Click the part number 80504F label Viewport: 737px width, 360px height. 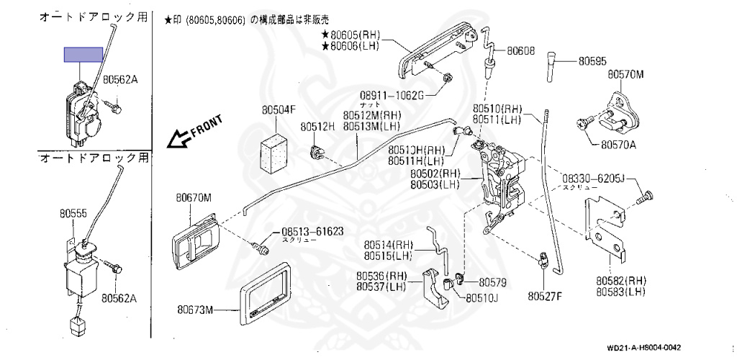(279, 109)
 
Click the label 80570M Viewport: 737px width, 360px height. (625, 74)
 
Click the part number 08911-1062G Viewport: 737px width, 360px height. (391, 94)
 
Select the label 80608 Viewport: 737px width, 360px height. (520, 51)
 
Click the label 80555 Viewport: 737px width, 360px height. (72, 214)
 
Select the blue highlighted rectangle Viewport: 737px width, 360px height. (83, 53)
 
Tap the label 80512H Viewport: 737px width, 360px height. (317, 127)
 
